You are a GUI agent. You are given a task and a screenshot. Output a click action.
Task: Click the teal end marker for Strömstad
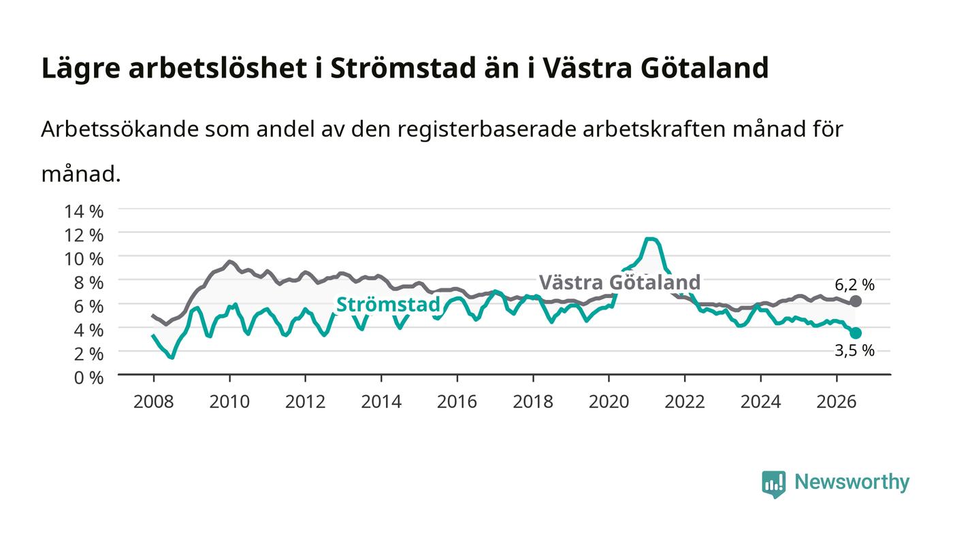[856, 333]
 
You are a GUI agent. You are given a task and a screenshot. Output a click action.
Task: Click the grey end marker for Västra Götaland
[856, 301]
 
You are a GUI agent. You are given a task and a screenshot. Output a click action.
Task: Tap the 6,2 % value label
[854, 285]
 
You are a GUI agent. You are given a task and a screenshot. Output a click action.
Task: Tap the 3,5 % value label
[854, 350]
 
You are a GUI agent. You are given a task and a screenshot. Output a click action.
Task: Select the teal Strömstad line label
[388, 305]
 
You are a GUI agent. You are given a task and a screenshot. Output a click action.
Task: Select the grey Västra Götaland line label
[619, 282]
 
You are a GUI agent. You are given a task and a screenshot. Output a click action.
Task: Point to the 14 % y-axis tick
[84, 212]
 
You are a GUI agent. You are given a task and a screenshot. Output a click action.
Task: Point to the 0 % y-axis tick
[89, 377]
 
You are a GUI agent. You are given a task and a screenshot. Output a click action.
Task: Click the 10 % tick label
[84, 259]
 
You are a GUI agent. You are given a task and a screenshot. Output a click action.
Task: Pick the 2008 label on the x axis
[154, 402]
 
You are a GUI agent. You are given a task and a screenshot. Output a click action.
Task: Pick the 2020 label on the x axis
[609, 402]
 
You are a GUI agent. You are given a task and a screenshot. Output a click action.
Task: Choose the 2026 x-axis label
[837, 402]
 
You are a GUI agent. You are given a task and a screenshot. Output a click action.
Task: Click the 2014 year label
[381, 402]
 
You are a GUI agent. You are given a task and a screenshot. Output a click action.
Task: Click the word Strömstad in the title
[403, 67]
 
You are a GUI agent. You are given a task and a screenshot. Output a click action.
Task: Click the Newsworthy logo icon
[774, 484]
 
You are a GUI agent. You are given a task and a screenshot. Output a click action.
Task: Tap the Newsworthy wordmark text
[852, 482]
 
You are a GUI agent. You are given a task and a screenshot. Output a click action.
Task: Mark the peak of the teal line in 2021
[651, 239]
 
